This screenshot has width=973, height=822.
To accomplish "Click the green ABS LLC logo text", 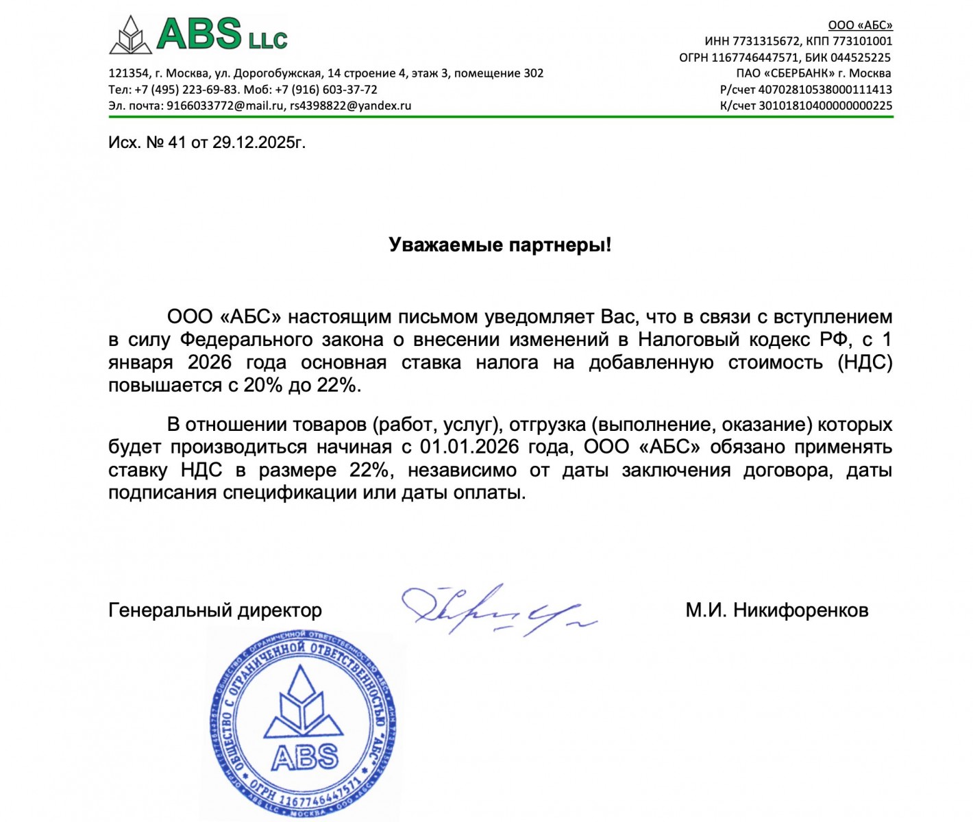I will click(221, 34).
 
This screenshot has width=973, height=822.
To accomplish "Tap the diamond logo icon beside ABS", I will click(130, 36).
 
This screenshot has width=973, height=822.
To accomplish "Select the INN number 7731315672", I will click(766, 41).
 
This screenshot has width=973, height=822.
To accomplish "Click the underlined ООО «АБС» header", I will click(860, 25).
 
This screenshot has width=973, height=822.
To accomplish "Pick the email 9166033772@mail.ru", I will click(225, 105).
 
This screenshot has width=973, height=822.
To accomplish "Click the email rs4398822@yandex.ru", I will click(350, 105).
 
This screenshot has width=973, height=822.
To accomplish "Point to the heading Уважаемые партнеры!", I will click(500, 245).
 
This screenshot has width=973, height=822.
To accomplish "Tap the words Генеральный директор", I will click(214, 610).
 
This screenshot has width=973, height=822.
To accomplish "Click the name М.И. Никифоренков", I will click(776, 610).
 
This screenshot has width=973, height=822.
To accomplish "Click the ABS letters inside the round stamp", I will click(305, 757).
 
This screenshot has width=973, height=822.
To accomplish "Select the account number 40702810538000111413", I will click(825, 90).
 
